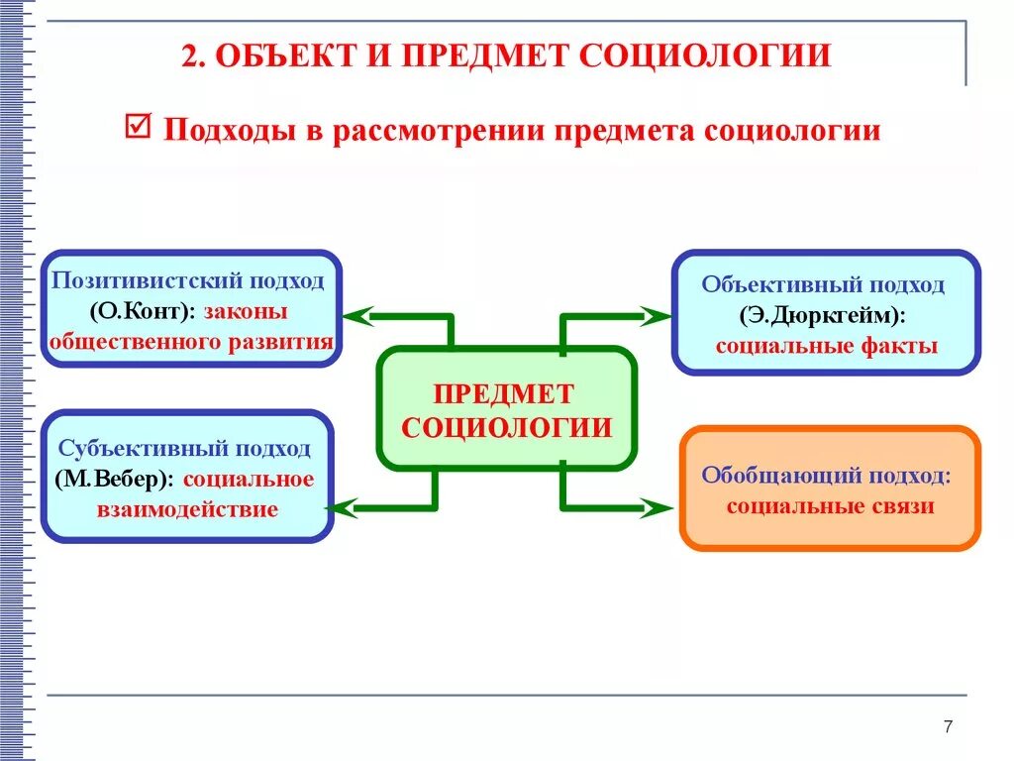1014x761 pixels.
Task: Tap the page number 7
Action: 948,727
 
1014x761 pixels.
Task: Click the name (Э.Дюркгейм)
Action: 821,316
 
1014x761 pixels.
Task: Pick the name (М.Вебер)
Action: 115,480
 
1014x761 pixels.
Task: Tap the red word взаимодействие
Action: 186,510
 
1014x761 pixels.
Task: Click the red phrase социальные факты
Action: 826,347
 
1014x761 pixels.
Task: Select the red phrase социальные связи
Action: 830,506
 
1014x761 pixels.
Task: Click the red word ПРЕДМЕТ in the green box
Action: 504,394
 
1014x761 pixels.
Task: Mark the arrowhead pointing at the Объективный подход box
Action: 657,317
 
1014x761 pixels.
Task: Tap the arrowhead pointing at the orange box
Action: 657,509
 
